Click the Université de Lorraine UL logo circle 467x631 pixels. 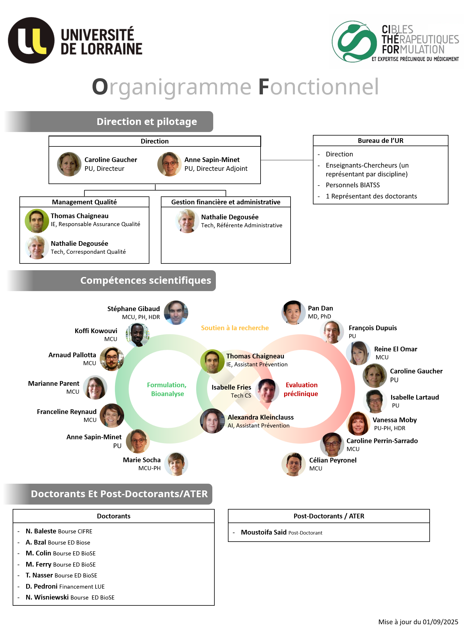31,40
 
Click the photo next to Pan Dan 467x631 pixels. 293,313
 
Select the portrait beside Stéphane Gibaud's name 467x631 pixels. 176,313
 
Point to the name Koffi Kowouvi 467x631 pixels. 96,331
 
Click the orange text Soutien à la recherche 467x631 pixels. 235,328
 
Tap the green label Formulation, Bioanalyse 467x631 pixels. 167,389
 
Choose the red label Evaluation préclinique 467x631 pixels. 301,389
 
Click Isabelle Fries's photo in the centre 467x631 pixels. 267,391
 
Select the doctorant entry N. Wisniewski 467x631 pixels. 47,597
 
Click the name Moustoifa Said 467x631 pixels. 263,532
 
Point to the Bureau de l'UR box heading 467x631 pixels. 381,141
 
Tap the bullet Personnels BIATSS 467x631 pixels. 353,185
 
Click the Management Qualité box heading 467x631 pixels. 84,202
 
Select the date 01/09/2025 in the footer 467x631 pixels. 440,622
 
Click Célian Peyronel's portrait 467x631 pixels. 293,464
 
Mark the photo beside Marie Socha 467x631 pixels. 176,464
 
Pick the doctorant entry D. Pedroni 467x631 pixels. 41,586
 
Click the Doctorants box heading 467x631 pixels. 114,516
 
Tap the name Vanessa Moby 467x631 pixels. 395,420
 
